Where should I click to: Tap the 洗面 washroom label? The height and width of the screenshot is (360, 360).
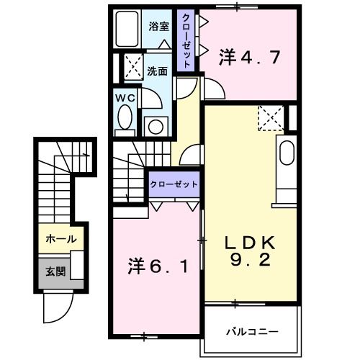[158, 71]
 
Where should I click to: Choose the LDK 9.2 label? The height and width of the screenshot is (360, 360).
[249, 251]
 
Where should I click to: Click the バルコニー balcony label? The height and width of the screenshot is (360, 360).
[252, 332]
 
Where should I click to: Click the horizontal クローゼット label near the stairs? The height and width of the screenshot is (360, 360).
[174, 184]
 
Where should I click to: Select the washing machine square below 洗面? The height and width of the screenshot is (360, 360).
[155, 125]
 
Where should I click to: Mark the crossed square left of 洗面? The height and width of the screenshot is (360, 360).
[132, 66]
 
